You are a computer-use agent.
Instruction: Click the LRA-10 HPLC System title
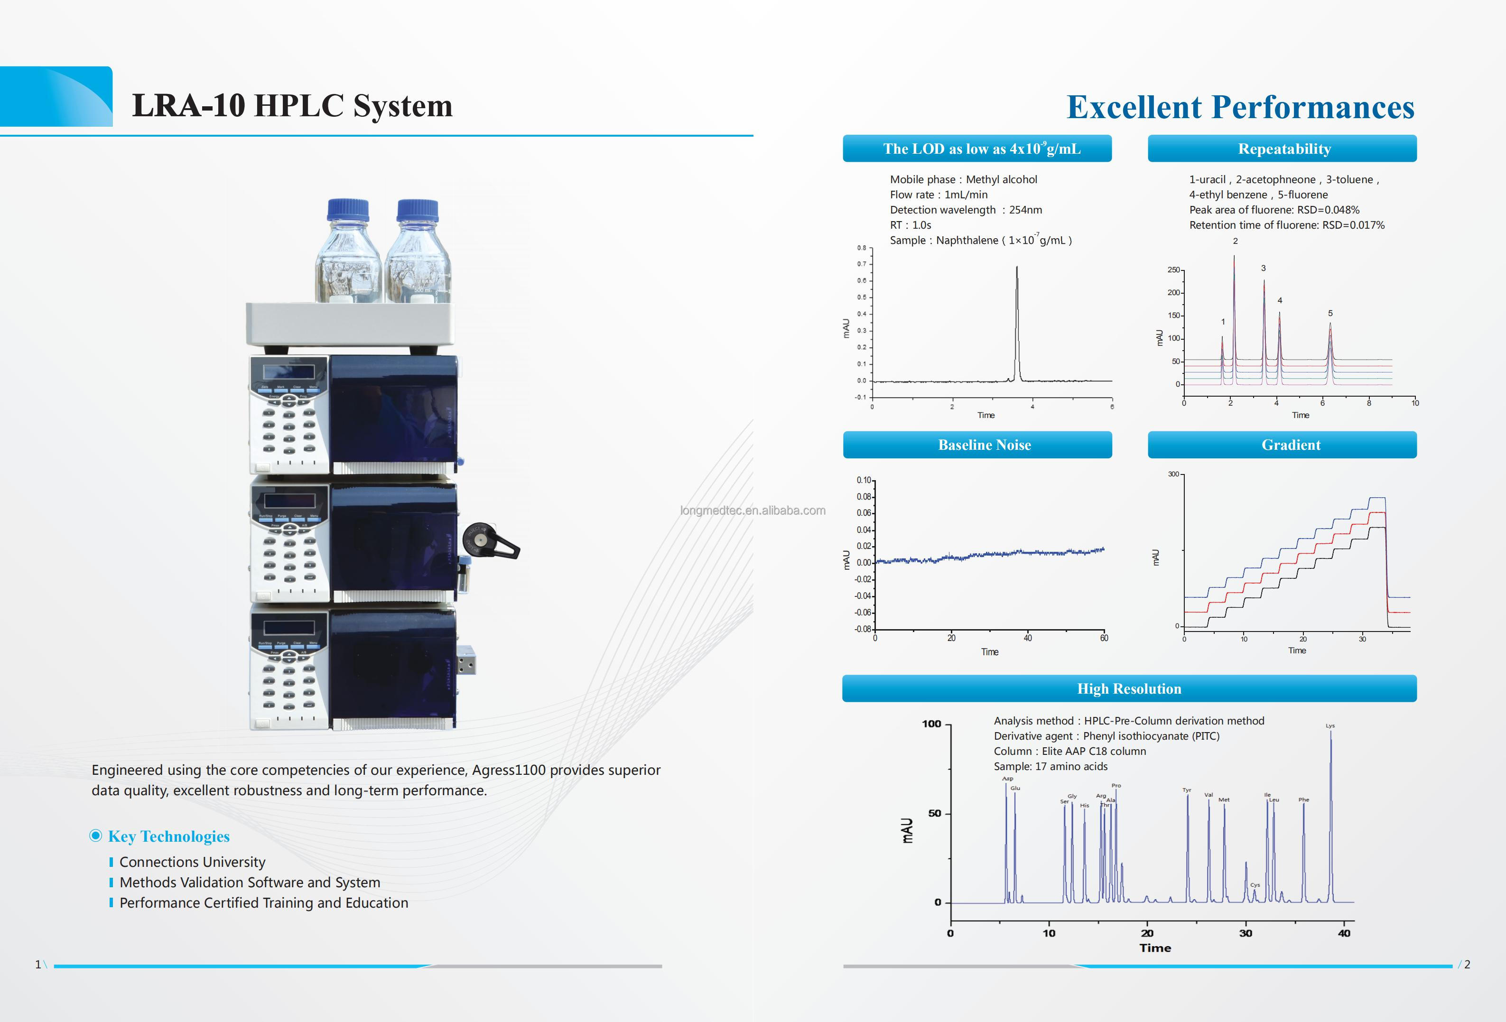point(292,105)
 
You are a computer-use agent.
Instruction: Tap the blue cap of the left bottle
point(348,209)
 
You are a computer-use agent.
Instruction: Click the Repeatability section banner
point(1284,149)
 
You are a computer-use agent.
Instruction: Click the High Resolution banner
point(1129,689)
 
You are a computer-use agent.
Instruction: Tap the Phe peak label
point(1303,800)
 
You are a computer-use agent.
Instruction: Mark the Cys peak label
point(1255,884)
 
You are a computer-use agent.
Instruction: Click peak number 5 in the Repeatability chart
point(1330,314)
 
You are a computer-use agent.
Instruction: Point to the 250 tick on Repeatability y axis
point(1173,269)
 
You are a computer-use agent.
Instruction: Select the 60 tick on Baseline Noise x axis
point(1104,638)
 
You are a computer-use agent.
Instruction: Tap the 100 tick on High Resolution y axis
point(931,724)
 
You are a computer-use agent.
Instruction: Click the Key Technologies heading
point(168,836)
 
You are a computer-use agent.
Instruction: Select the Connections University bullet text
point(193,862)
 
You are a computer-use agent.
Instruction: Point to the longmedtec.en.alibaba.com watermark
point(753,511)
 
